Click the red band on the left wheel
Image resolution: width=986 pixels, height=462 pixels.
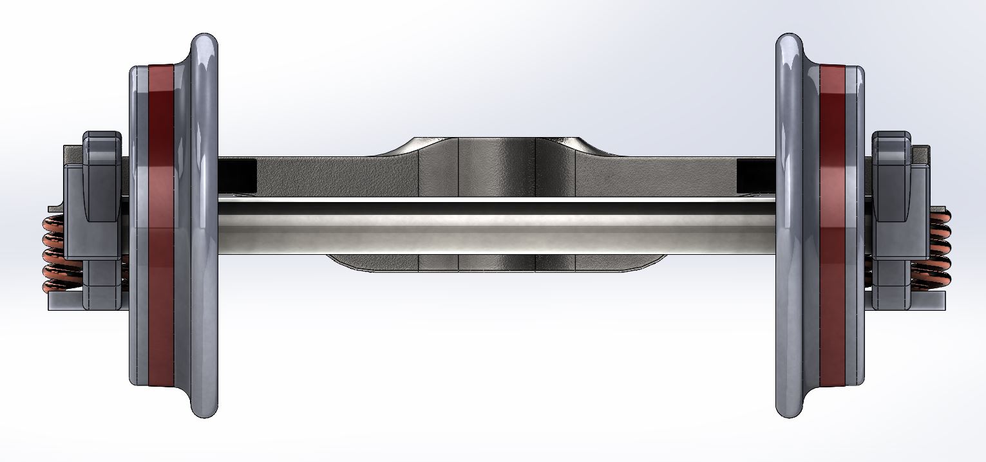(160, 225)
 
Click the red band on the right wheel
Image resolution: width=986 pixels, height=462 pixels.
(831, 225)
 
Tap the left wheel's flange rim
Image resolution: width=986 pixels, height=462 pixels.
(205, 225)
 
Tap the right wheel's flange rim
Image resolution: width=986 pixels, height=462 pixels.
(790, 225)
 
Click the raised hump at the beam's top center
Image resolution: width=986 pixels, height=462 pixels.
(496, 144)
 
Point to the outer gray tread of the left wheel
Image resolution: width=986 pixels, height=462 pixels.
(138, 225)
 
